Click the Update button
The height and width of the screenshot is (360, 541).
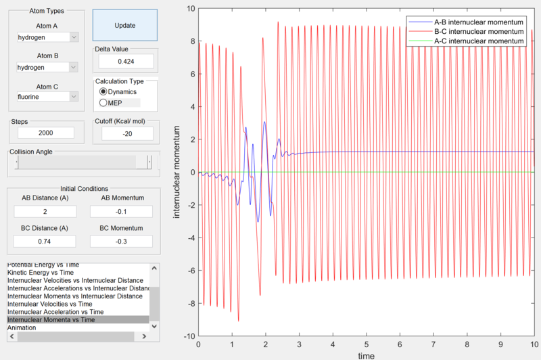coord(124,26)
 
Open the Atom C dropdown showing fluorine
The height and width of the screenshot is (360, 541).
coord(47,97)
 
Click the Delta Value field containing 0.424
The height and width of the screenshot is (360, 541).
coord(125,61)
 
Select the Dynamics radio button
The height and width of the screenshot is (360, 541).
coord(103,91)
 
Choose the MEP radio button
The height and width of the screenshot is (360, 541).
coord(103,103)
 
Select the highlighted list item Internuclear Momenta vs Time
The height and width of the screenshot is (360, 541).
coord(77,319)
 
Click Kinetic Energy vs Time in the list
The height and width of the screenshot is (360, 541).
coord(41,272)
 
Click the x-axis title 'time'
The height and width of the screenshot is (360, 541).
coord(366,355)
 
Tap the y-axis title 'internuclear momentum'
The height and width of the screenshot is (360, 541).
coord(177,173)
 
